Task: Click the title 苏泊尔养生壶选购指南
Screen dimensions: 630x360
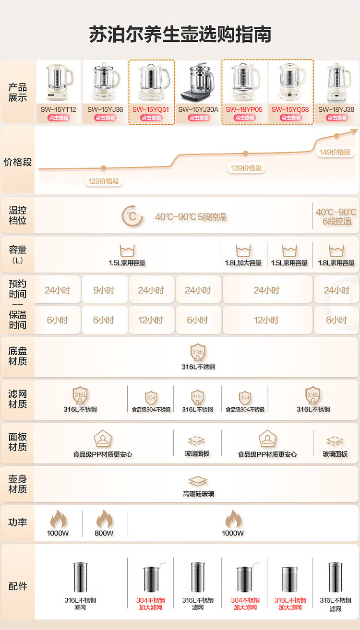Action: tap(180, 35)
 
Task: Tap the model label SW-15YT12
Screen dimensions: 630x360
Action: tap(58, 109)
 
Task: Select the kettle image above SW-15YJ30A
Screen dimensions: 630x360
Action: tap(198, 83)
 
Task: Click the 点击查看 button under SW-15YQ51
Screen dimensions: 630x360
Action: tap(151, 118)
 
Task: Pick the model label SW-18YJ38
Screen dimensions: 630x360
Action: tap(336, 109)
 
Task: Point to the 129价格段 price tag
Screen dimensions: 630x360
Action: tap(103, 181)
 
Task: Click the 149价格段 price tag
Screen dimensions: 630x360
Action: tap(335, 152)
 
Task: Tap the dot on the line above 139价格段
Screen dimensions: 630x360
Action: tap(245, 154)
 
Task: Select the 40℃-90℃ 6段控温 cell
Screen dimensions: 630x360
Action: tap(336, 216)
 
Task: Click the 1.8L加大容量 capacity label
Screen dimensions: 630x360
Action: tap(243, 263)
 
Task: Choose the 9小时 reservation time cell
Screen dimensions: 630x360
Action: tap(105, 290)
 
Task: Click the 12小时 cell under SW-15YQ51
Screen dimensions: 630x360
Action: tap(151, 320)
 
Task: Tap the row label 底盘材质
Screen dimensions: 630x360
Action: tap(18, 356)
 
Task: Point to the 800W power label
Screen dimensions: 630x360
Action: tap(104, 533)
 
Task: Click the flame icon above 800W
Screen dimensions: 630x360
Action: tap(104, 519)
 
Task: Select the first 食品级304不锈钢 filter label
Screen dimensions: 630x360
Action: tap(151, 410)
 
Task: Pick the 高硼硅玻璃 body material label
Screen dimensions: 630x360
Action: tap(198, 494)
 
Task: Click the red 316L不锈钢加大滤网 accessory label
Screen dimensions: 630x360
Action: tap(290, 604)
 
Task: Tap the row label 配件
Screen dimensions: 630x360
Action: tap(18, 586)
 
